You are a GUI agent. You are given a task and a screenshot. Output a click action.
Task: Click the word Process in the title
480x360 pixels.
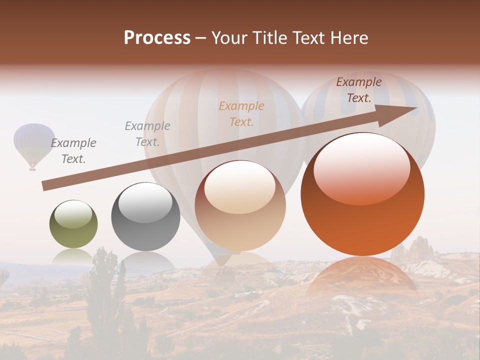tap(157, 38)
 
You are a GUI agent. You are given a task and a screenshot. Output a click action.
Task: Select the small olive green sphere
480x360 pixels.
tap(73, 224)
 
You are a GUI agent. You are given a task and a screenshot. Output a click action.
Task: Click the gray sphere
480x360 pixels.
tap(145, 216)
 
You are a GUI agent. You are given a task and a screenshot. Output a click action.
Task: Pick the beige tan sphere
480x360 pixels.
tap(240, 205)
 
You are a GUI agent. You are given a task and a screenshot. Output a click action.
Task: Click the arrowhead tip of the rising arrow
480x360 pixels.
tap(416, 108)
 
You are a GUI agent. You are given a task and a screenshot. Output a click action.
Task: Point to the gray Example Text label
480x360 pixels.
tap(147, 133)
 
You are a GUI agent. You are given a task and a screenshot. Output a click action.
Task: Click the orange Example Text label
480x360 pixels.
tap(241, 113)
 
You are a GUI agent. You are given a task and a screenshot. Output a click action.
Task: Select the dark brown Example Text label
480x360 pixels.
tap(359, 89)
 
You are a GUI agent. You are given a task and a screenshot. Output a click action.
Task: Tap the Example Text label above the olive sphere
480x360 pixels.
tap(73, 150)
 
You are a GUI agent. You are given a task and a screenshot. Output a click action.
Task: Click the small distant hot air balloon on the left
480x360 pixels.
tap(34, 142)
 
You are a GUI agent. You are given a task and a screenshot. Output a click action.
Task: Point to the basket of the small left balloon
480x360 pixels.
tap(32, 168)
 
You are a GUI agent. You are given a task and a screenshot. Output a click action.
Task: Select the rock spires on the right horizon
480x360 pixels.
tap(415, 248)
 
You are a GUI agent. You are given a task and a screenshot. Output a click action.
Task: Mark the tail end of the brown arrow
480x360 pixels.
tap(45, 186)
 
